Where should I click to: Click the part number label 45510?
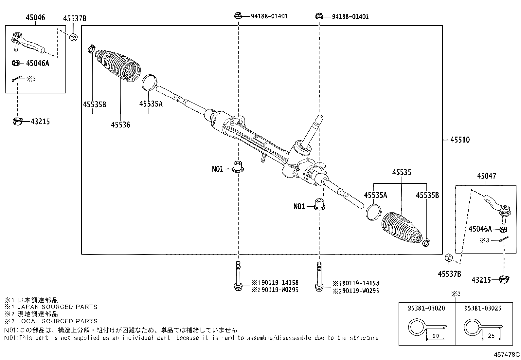pyautogui.click(x=460, y=140)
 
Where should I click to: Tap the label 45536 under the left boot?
pyautogui.click(x=120, y=125)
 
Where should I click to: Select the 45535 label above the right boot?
pyautogui.click(x=402, y=173)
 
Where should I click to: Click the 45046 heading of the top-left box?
pyautogui.click(x=35, y=18)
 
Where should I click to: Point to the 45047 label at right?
pyautogui.click(x=486, y=176)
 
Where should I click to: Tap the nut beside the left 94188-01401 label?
pyautogui.click(x=238, y=15)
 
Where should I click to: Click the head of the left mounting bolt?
pyautogui.click(x=238, y=287)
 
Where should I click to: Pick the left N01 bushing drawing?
pyautogui.click(x=238, y=167)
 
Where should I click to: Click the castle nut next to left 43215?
pyautogui.click(x=17, y=121)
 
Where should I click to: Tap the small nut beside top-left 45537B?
pyautogui.click(x=74, y=37)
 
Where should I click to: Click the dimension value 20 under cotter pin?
pyautogui.click(x=435, y=336)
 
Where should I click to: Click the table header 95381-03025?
pyautogui.click(x=482, y=308)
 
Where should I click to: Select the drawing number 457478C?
pyautogui.click(x=507, y=354)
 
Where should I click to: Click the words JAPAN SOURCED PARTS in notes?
pyautogui.click(x=57, y=307)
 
